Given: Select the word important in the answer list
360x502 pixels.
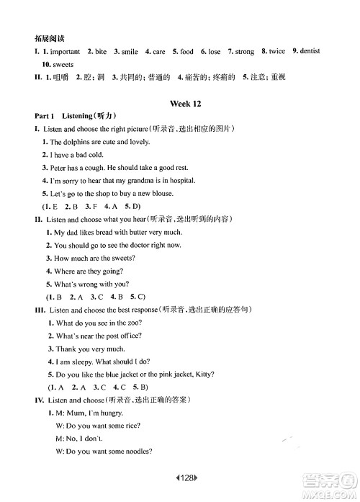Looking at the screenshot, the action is [60, 52].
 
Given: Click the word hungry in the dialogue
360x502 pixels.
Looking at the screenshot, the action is [109, 413].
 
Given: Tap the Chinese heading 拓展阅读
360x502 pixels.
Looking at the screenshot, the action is [40, 37].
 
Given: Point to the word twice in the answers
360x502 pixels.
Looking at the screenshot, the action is [276, 52].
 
